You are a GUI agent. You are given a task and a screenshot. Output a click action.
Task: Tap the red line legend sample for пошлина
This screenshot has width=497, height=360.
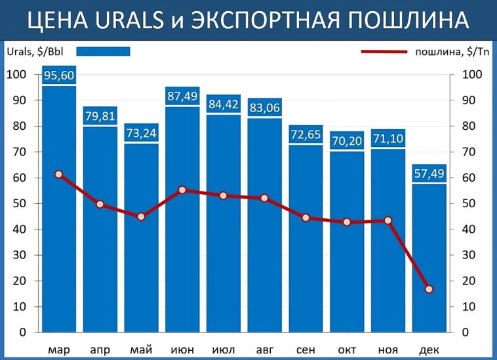(384, 51)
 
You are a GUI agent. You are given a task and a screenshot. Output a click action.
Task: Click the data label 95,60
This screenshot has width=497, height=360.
(59, 76)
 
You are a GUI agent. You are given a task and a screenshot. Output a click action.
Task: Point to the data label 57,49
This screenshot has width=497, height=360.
(429, 174)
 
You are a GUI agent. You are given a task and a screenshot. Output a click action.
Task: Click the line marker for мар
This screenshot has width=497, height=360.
(59, 174)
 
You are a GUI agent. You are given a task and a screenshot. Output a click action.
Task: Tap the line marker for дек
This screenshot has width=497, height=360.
(429, 289)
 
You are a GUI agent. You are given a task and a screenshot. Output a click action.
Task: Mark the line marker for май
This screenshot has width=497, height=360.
(141, 216)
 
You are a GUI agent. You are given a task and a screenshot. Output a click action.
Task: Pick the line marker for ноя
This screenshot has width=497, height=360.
(388, 220)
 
